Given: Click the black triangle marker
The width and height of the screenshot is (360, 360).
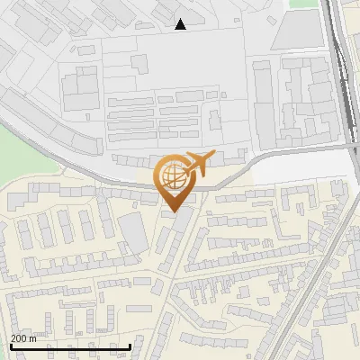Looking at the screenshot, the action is coord(181,24).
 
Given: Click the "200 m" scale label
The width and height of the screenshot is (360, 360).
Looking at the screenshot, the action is coord(24,338).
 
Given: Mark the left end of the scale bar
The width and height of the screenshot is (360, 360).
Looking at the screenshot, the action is coord(10,346).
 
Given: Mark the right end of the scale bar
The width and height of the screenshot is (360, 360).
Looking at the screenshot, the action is coord(130,346).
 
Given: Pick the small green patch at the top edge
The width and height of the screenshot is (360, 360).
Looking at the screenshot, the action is coord(304,3).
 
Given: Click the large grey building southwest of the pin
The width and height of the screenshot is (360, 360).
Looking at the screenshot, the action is coord(133,232).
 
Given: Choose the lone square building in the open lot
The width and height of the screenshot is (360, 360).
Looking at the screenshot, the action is coord(139,63).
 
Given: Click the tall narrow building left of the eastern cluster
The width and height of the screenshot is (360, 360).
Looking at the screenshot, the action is coord(263,99).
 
